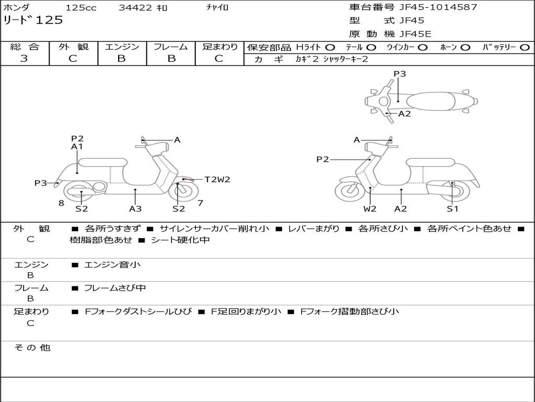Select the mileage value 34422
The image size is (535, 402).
[135, 8]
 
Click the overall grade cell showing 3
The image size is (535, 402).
[24, 59]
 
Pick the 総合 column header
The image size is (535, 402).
[25, 47]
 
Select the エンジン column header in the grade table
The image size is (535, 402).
[122, 47]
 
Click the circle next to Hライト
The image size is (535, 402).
[330, 47]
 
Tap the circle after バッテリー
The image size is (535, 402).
[524, 47]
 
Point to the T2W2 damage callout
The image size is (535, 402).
[217, 180]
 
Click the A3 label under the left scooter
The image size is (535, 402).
[135, 209]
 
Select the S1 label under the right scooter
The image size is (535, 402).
[452, 209]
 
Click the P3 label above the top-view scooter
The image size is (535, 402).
[400, 74]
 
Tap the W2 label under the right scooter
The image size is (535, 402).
[370, 209]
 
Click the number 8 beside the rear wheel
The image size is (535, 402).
[61, 203]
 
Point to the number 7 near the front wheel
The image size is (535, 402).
[200, 203]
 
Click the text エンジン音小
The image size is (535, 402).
[112, 265]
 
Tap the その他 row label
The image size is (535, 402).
[32, 348]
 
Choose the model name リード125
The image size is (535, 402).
[33, 20]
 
